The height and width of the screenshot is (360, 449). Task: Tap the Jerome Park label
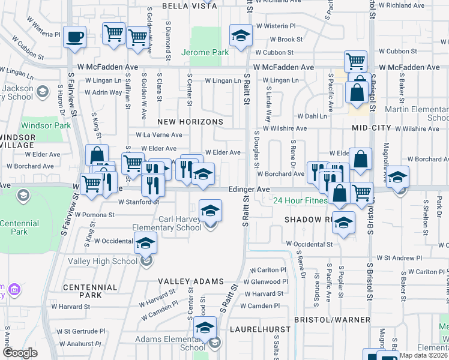point(206,52)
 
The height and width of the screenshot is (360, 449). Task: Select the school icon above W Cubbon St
point(241,35)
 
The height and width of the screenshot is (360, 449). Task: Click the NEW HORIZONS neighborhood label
point(191,122)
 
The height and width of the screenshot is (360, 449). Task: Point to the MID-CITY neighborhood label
point(372,128)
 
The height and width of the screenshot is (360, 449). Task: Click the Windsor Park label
point(46,125)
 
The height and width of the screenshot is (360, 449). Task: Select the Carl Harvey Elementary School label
point(180,223)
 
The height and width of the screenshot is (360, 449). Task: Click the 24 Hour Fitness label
point(301,200)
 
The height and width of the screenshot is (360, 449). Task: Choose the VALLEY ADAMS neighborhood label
point(191,281)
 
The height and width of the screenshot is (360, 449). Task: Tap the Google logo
point(20,353)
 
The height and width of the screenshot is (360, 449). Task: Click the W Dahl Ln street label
point(318,116)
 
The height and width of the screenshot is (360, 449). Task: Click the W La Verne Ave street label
point(158,135)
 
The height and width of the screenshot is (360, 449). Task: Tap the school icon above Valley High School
point(145,243)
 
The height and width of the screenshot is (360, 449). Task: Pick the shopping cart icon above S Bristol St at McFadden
point(355,61)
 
